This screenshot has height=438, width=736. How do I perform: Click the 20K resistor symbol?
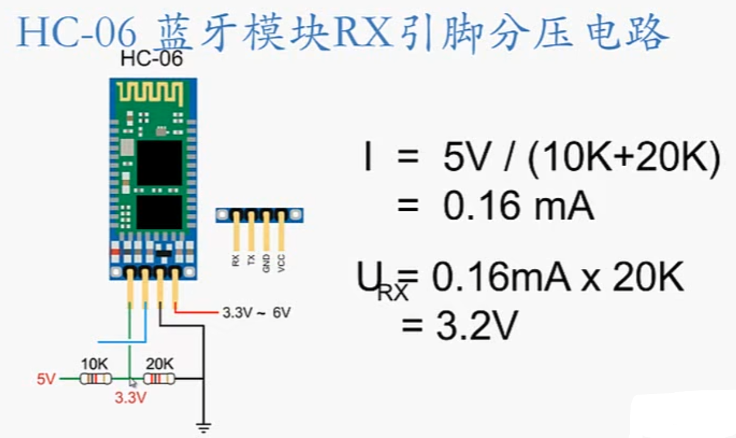click(160, 379)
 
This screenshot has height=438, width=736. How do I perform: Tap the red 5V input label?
click(46, 379)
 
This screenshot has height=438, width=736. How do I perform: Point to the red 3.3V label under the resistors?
click(131, 398)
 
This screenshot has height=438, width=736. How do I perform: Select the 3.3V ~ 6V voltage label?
click(256, 313)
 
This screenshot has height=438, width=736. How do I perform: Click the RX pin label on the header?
click(236, 261)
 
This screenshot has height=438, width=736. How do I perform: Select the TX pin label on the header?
click(251, 261)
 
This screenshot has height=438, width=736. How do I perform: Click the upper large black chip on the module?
click(159, 163)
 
